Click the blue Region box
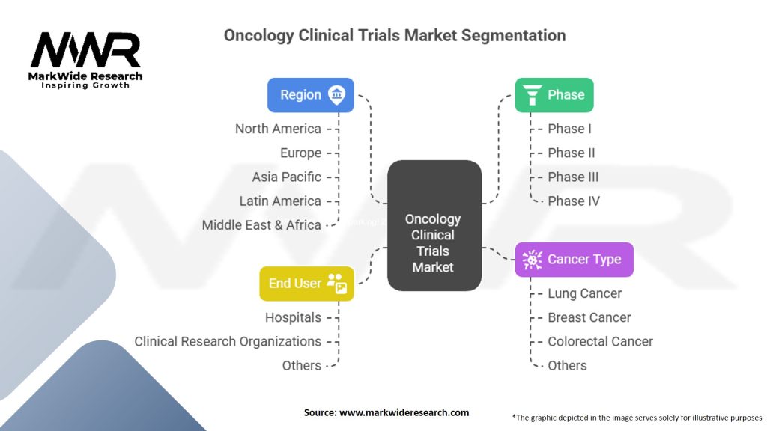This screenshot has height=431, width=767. (310, 95)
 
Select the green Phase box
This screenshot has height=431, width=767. (554, 95)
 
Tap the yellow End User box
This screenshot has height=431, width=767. (306, 284)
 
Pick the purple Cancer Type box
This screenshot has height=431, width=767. (573, 260)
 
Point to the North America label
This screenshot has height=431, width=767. (278, 129)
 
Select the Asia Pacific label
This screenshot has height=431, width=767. (286, 177)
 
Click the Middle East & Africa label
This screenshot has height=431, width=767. (261, 224)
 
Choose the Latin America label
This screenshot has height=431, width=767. (280, 201)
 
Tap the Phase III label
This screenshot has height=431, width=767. (573, 177)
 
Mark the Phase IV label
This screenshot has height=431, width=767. (573, 201)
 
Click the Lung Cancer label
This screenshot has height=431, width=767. (584, 293)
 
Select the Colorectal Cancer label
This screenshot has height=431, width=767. (600, 341)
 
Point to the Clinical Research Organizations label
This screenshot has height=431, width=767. (228, 341)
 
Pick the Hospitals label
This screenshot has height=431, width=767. (293, 317)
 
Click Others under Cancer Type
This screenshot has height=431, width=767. (567, 365)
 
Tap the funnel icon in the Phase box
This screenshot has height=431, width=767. (533, 95)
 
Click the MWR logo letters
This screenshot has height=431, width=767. (85, 51)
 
